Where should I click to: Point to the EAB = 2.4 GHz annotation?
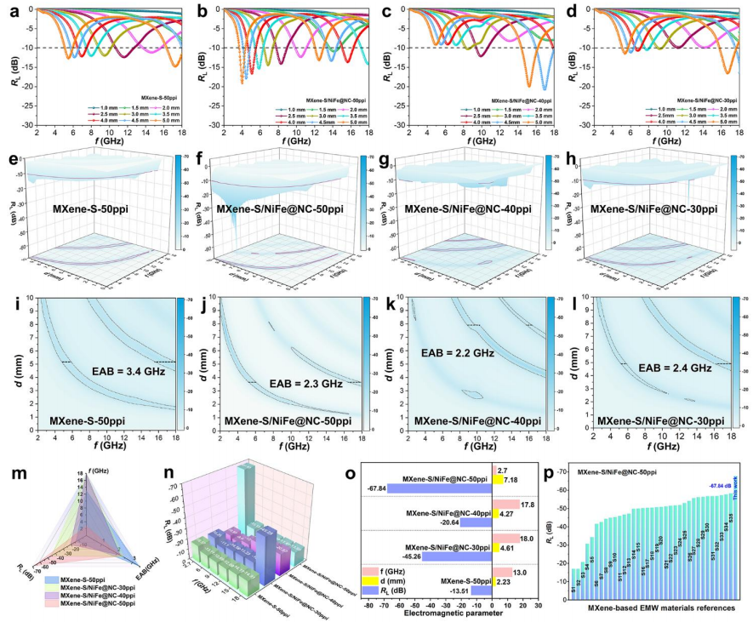[x=675, y=368]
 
